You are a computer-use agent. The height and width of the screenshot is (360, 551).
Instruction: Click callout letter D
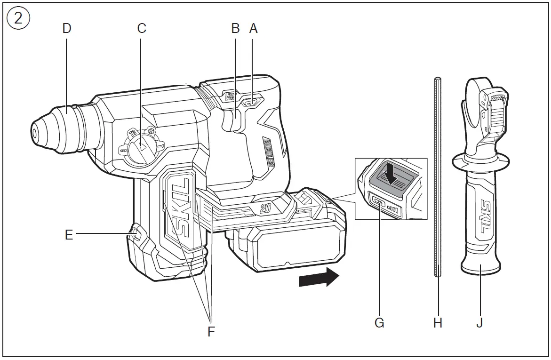pyautogui.click(x=67, y=28)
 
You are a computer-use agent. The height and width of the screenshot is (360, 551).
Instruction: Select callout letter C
pyautogui.click(x=142, y=28)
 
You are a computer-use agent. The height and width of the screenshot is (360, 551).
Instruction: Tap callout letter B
pyautogui.click(x=236, y=28)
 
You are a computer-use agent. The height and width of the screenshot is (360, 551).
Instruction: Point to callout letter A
pyautogui.click(x=254, y=28)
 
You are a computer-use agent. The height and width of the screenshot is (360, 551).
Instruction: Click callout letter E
pyautogui.click(x=69, y=234)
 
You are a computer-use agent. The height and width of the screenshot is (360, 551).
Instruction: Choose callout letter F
pyautogui.click(x=211, y=331)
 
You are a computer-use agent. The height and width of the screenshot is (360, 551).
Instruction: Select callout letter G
pyautogui.click(x=379, y=323)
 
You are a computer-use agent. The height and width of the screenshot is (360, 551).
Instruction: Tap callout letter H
pyautogui.click(x=438, y=323)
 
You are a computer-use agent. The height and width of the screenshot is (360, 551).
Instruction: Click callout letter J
pyautogui.click(x=479, y=323)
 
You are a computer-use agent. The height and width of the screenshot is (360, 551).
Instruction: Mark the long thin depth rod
pyautogui.click(x=438, y=179)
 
